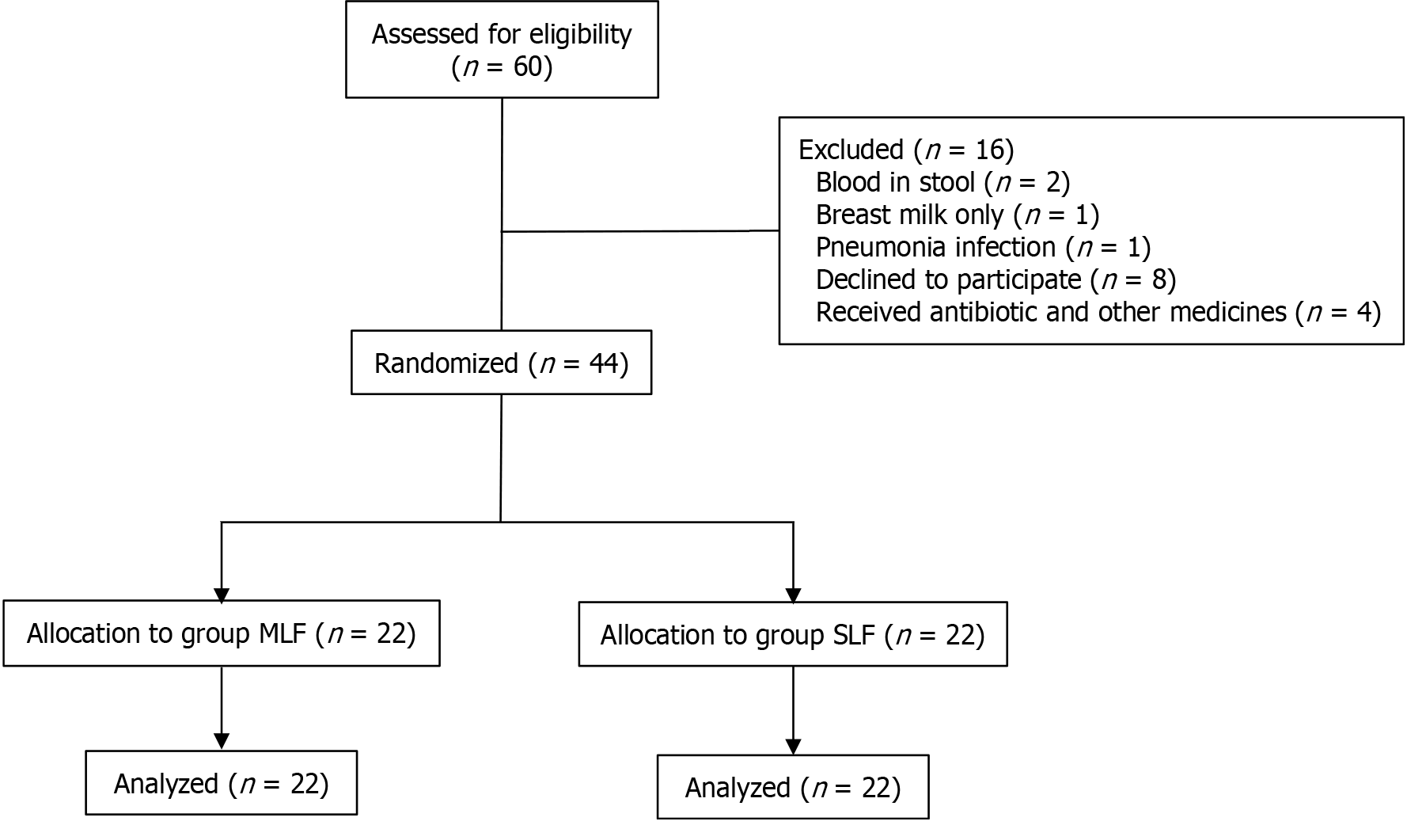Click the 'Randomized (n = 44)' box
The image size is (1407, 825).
(501, 363)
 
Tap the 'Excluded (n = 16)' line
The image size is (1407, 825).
(905, 150)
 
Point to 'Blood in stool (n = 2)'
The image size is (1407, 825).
(942, 182)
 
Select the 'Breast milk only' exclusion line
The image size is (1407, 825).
(957, 215)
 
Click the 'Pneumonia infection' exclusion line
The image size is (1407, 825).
(982, 247)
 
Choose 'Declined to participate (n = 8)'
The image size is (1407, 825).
(995, 279)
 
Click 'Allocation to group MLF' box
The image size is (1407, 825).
(221, 633)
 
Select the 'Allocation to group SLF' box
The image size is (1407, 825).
(792, 635)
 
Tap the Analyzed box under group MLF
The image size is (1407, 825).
(221, 784)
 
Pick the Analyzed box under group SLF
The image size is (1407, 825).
(792, 788)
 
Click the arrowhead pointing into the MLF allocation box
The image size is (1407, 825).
(222, 595)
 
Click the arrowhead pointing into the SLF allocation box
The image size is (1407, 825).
(793, 595)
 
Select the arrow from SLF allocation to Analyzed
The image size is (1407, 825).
(793, 709)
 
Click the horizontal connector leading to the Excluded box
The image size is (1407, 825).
(640, 231)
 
